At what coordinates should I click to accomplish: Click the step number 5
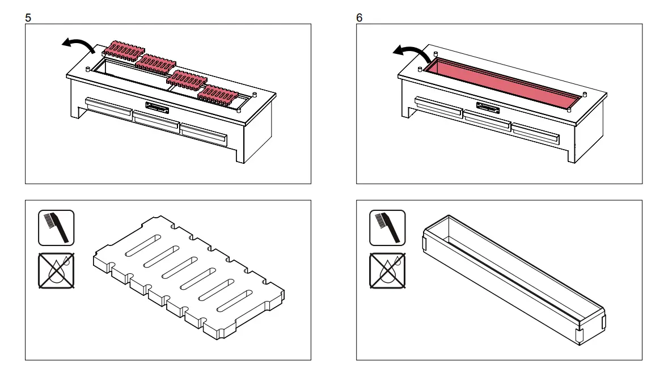coord(28,18)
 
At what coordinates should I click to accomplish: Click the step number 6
coord(360,18)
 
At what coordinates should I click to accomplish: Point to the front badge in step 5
coord(157,106)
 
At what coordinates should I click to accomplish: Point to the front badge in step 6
coord(488,106)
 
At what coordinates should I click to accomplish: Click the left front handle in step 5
coord(108,107)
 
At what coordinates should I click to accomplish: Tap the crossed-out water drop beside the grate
coord(56,270)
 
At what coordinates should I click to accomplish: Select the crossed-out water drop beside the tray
coord(387,270)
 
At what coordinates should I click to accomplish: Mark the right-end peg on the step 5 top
coord(255,95)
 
